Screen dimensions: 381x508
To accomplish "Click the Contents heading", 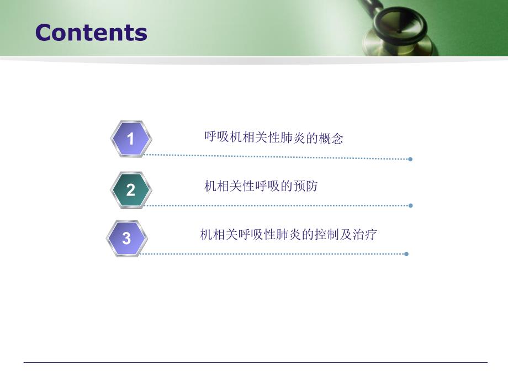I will click(91, 33).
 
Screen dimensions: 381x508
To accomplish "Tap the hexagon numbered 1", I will click(130, 139).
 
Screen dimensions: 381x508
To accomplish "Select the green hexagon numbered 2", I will click(130, 190).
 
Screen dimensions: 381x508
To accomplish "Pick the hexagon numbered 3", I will click(126, 239).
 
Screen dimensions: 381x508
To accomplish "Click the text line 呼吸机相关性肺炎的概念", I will click(274, 137).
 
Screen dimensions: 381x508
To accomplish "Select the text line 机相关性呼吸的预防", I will click(261, 186).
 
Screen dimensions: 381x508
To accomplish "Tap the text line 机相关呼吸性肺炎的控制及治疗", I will click(288, 235).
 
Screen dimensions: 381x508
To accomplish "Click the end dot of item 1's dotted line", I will click(410, 159).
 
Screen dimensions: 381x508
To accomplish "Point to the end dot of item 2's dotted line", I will click(410, 205).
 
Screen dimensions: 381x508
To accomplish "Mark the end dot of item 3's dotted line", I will click(406, 254).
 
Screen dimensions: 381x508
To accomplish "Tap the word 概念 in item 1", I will click(331, 139).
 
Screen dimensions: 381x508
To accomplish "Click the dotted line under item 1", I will click(276, 157).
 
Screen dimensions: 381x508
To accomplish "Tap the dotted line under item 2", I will click(276, 205).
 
